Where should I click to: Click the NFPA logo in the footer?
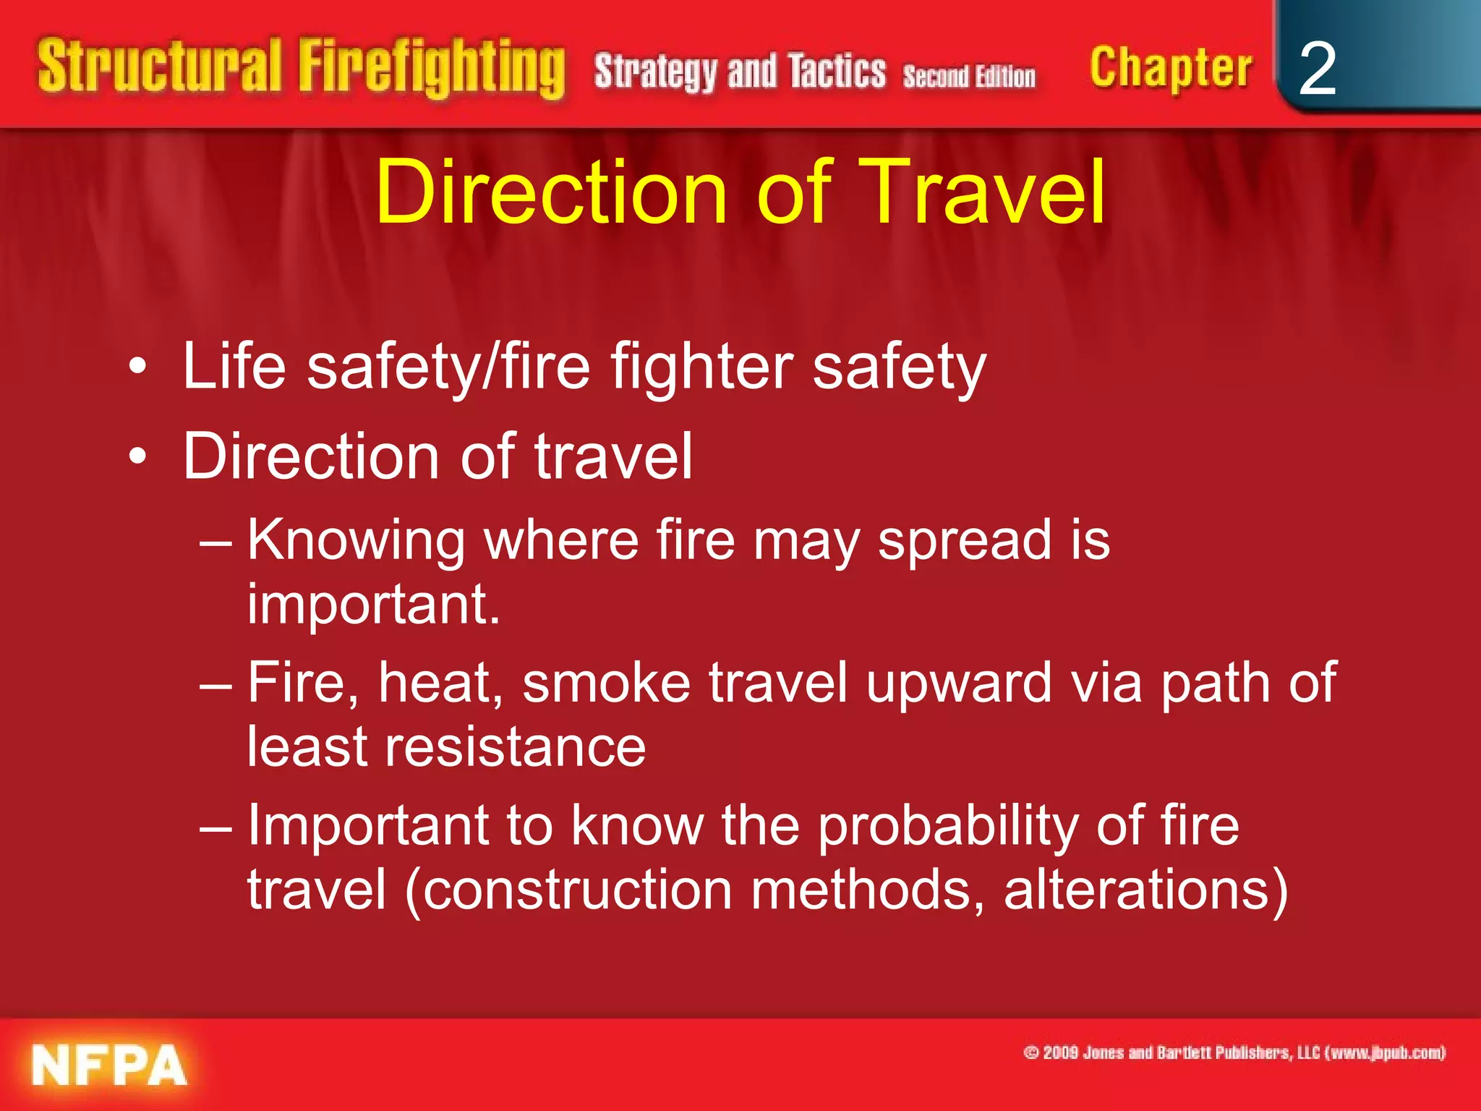coord(108,1065)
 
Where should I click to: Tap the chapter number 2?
coord(1317,69)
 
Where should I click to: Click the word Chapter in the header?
coord(1170,69)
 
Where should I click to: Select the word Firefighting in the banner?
coord(432,69)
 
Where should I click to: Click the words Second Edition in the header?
coord(969,76)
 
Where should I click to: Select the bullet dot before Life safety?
coord(137,369)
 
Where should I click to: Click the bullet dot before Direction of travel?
coord(137,458)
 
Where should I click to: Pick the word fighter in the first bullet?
coord(702,367)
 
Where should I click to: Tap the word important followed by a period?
coord(373,604)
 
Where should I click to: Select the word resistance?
coord(515,747)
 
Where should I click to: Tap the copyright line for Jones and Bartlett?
coord(1234,1052)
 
